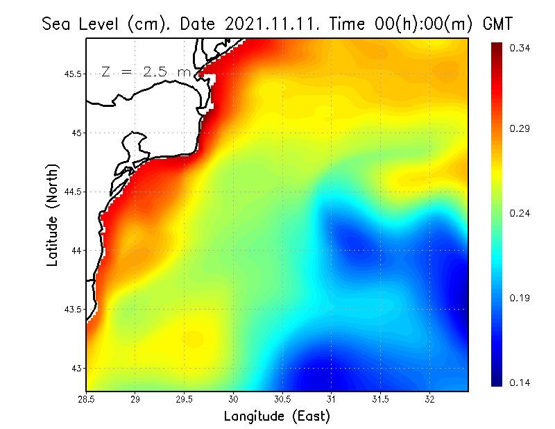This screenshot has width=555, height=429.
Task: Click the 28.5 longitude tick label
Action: click(86, 399)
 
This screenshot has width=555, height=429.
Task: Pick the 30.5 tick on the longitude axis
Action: click(282, 399)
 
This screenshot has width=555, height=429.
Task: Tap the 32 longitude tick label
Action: click(429, 399)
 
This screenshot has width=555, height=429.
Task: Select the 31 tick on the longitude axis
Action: click(332, 399)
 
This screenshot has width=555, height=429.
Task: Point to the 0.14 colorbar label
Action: click(520, 383)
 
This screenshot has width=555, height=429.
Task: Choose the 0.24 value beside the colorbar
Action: click(520, 213)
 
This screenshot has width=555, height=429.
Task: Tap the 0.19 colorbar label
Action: click(520, 298)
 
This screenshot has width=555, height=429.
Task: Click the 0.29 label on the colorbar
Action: click(520, 129)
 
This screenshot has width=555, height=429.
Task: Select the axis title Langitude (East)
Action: click(276, 417)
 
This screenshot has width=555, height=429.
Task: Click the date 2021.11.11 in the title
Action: click(265, 24)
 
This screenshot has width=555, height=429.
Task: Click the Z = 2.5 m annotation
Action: click(145, 71)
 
